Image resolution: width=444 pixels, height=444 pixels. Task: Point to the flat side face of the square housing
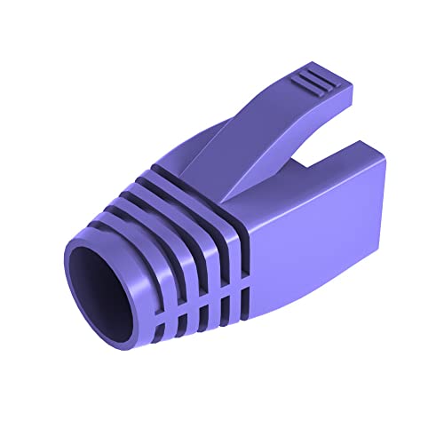[x=311, y=231]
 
